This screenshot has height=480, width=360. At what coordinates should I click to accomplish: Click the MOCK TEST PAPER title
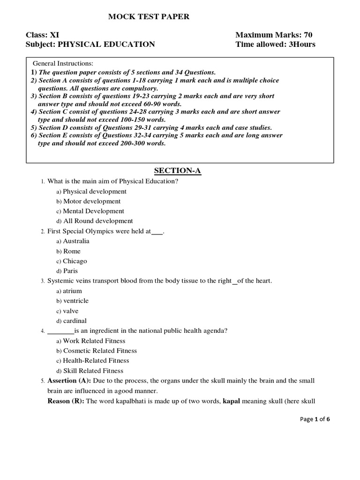pos(149,17)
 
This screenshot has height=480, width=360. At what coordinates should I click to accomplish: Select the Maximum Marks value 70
pos(307,35)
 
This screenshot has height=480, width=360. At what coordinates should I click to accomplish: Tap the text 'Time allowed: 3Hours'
pos(275,45)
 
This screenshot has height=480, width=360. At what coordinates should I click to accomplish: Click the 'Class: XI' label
pos(43,35)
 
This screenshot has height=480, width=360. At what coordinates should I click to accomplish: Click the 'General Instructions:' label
pos(63,63)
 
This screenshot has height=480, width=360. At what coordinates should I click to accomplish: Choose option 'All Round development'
pos(97,221)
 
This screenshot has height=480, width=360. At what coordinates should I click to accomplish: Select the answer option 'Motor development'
pos(91,201)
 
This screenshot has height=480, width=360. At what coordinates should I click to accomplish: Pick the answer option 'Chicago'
pos(75,261)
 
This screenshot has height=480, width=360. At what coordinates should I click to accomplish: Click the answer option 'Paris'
pos(70,271)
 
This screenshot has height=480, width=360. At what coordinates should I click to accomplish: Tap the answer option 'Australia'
pos(76,241)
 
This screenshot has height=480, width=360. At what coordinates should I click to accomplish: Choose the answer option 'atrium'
pos(72,291)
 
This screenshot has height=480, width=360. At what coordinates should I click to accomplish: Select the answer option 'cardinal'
pos(75,321)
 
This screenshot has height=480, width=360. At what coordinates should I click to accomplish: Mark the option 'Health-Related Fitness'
pos(96,360)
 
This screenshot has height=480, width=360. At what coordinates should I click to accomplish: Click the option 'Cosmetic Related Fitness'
pos(100,351)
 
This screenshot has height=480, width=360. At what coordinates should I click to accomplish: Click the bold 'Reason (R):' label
pos(65,401)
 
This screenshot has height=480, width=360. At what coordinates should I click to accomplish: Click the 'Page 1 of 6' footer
pos(315,420)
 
